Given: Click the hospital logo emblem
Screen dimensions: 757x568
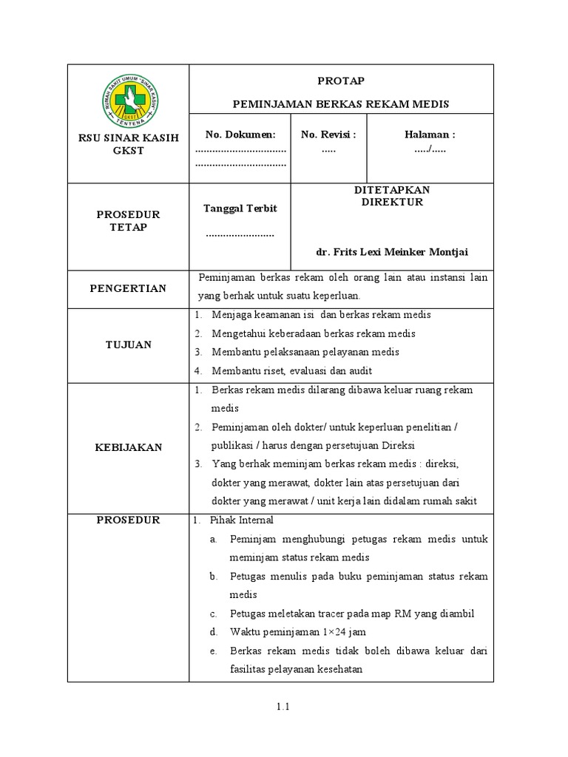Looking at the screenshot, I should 129,103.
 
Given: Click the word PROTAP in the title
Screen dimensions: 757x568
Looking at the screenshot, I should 341,81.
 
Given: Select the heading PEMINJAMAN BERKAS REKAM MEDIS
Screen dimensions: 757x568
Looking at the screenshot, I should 341,104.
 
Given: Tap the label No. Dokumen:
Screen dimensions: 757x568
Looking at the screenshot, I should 240,134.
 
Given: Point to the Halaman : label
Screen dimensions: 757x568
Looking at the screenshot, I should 430,134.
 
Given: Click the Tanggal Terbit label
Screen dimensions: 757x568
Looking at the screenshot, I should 240,208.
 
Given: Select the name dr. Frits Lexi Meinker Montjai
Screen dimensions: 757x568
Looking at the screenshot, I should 392,252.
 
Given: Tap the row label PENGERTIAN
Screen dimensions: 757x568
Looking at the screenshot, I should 129,288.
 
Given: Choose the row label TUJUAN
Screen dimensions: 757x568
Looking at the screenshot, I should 129,344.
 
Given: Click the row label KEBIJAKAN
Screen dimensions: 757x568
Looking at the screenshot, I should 129,447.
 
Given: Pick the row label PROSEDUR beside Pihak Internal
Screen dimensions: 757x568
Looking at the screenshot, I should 129,520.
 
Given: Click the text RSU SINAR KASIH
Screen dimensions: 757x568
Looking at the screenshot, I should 129,138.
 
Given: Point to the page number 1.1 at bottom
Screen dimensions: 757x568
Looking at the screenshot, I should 283,707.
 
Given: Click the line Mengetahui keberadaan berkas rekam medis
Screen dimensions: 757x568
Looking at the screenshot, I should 313,333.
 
